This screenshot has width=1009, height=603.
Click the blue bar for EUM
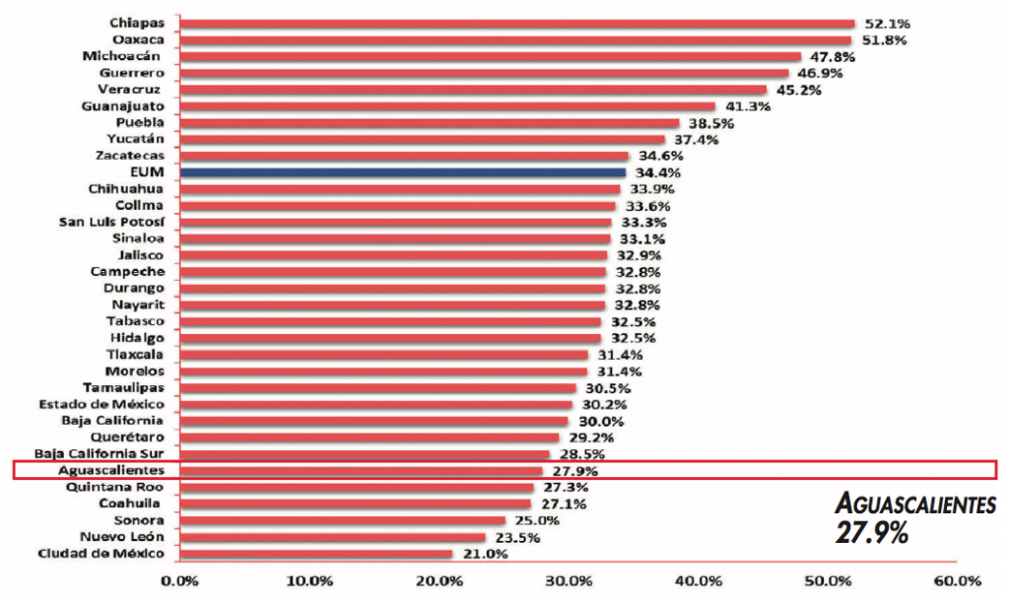coord(403,172)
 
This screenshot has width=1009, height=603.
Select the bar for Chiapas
coord(518,23)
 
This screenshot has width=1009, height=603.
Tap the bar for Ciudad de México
coord(316,555)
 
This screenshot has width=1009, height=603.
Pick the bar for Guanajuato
coord(448,105)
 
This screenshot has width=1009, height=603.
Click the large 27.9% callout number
coord(871,533)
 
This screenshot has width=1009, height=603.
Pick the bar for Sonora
coord(343,521)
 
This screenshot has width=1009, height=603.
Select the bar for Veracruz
coord(474,90)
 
